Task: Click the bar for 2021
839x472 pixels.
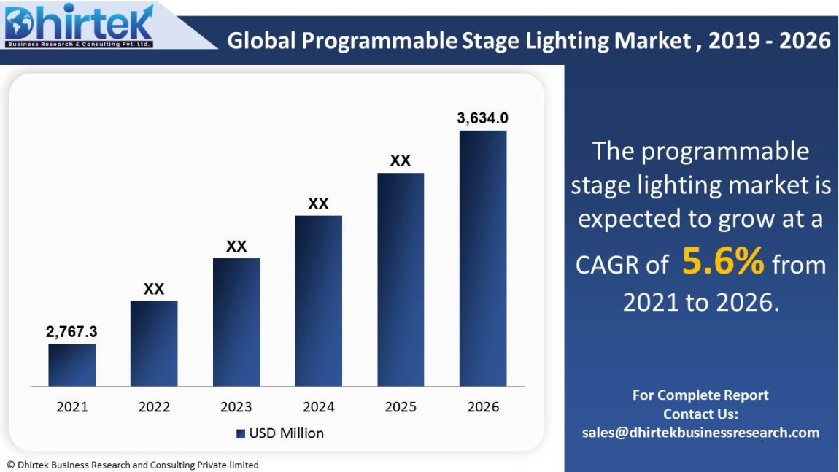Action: (x=71, y=365)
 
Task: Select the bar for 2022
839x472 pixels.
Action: (x=154, y=343)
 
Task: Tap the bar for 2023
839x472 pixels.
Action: (x=236, y=322)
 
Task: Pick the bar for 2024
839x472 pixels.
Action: (x=318, y=301)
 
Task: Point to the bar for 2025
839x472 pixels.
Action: (x=401, y=279)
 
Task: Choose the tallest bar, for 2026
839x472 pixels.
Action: (x=482, y=258)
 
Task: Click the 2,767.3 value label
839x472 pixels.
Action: (x=71, y=332)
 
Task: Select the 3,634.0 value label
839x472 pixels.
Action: (x=482, y=117)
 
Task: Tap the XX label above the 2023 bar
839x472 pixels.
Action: (x=236, y=247)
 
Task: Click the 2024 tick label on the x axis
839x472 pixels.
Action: (x=318, y=407)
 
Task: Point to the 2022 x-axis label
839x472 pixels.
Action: (x=154, y=407)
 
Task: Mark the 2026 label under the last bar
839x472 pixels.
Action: (x=483, y=407)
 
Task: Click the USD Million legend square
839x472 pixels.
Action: (x=240, y=433)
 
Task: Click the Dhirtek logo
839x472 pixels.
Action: (x=79, y=26)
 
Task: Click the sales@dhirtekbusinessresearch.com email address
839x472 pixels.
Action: (x=700, y=433)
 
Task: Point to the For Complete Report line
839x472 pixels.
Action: (x=700, y=395)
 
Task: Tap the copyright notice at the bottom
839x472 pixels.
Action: (x=133, y=465)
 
